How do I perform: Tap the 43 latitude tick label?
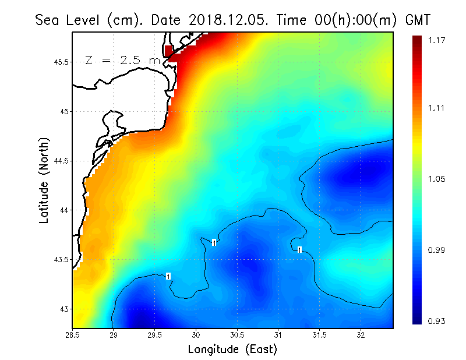tap(63, 309)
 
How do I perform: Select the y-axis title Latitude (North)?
tap(44, 180)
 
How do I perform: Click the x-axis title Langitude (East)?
tap(232, 349)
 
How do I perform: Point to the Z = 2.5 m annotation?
tap(122, 60)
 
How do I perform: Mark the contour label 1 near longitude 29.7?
tap(168, 276)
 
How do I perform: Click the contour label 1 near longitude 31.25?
tap(299, 250)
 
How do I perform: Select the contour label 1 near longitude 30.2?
tap(214, 242)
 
